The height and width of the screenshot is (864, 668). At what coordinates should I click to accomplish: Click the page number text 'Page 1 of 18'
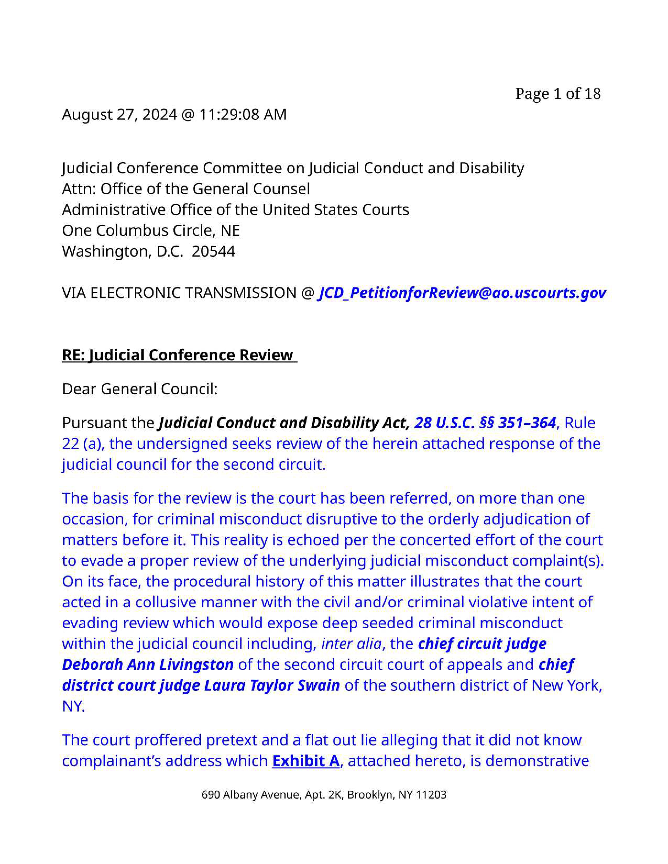coord(558,94)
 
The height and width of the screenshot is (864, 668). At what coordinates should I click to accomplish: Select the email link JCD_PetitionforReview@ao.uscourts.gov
coord(462,293)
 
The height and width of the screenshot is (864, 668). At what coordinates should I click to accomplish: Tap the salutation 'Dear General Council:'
coord(140,389)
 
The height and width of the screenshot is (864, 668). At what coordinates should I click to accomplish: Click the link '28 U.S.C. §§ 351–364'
coord(485,423)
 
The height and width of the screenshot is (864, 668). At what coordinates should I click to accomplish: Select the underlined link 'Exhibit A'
coord(305,761)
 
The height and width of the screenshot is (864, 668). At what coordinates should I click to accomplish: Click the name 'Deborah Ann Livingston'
coord(148,665)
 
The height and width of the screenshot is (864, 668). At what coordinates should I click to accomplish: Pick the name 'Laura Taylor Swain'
coord(272,685)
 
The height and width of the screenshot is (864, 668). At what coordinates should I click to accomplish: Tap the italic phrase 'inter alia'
coord(351,644)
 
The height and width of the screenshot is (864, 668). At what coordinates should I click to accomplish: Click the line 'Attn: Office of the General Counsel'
coord(186,189)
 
